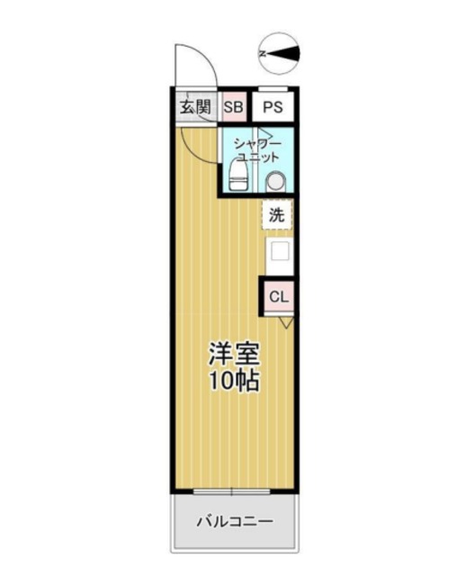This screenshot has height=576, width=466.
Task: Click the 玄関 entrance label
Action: click(193, 107)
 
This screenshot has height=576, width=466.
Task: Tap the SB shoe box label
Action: click(233, 107)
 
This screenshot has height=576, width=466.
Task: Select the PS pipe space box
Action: click(273, 107)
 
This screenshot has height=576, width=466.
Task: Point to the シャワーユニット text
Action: click(257, 149)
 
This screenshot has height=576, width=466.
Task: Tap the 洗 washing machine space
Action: click(277, 215)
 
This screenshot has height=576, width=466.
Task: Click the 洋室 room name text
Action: click(236, 352)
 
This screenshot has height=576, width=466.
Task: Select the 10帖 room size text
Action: click(236, 381)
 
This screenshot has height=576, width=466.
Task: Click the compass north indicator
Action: click(280, 53)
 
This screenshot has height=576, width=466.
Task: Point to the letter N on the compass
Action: click(263, 53)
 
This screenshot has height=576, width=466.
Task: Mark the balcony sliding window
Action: click(233, 491)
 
